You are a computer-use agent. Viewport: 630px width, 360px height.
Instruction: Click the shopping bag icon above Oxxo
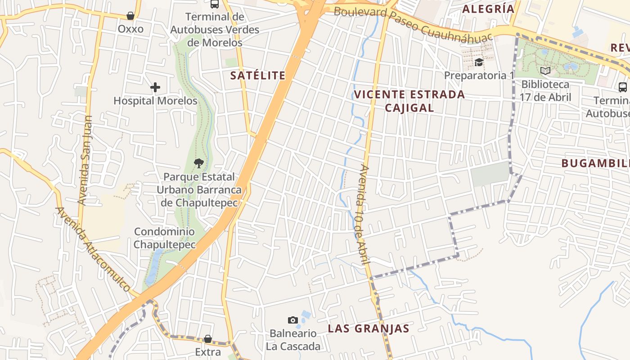130,16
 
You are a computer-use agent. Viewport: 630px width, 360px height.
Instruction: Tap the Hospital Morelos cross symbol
155,87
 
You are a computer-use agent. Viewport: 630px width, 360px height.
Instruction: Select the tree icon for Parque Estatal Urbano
198,163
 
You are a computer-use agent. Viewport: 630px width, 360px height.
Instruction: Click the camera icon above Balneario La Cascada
293,320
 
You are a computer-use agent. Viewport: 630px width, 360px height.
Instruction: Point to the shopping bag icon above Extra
208,339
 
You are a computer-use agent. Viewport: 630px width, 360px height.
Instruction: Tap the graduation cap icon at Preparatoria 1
479,62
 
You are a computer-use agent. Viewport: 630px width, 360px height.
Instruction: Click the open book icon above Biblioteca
545,71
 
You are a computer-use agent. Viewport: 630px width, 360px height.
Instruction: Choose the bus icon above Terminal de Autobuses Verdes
215,4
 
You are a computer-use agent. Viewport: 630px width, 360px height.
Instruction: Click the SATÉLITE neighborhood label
258,76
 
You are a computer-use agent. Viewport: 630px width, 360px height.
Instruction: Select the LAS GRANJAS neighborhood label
369,328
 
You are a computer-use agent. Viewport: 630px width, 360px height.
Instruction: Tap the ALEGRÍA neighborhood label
488,9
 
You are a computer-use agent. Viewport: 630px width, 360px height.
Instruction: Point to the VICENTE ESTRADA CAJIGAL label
409,101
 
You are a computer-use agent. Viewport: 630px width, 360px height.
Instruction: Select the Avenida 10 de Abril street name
363,215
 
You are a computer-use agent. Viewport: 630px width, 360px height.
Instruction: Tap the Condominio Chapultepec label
165,238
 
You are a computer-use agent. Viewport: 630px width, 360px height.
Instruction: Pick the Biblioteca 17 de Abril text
545,90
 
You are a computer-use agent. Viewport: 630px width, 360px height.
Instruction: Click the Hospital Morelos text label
155,101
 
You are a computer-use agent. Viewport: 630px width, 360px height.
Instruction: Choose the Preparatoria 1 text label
479,75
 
